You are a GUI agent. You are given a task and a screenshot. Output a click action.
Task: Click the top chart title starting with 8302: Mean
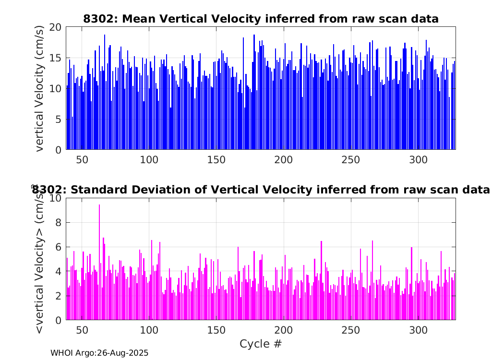(x=261, y=19)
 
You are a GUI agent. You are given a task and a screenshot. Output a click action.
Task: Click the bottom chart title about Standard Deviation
(x=261, y=190)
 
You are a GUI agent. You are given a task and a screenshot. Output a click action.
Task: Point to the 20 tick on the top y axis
(x=56, y=27)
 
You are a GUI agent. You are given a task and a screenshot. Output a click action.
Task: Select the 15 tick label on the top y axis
(x=56, y=58)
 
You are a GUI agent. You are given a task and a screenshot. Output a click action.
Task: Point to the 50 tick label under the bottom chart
(x=82, y=331)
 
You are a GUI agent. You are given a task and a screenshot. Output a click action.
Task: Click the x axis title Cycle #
(x=261, y=344)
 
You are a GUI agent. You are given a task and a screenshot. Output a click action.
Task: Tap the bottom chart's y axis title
(x=39, y=259)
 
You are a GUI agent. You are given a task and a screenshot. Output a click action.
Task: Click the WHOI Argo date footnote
(x=99, y=353)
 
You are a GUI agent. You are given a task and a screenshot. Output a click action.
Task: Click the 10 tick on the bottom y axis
(x=56, y=198)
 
